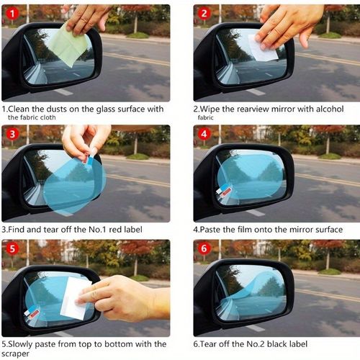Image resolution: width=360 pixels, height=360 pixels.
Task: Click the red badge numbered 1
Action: point(12,14)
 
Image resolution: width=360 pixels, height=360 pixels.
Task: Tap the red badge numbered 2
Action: point(204,14)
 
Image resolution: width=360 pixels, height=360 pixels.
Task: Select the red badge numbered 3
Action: point(12,134)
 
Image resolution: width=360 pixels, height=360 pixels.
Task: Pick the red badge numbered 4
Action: point(204,134)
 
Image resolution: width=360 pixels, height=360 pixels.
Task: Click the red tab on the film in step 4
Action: point(226,191)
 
